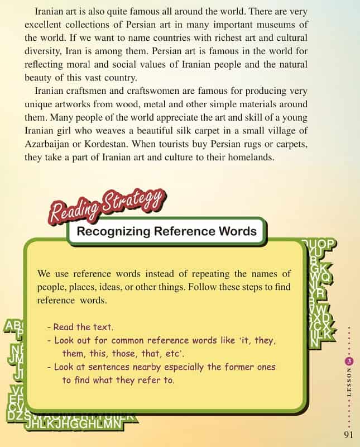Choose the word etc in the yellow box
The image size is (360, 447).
174,354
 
